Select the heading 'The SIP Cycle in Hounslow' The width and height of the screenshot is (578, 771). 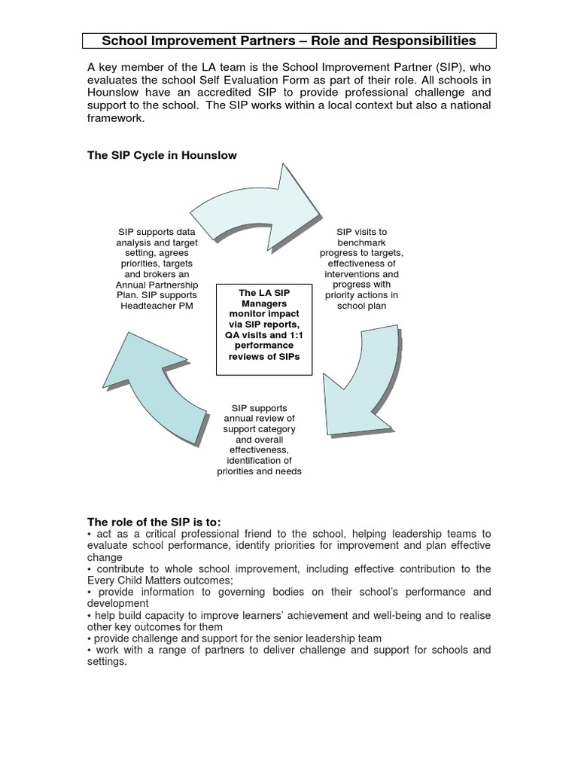coord(163,155)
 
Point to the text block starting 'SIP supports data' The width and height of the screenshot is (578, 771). coord(157,270)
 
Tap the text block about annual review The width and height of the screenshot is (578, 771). coord(258,439)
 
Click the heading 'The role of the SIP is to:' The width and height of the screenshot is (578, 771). coord(154,520)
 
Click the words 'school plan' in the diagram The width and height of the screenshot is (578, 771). coord(361,306)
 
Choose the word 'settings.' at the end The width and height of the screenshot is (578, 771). coord(108,662)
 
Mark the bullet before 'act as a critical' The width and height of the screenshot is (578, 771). coord(90,533)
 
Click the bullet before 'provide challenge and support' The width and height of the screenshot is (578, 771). coord(90,638)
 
